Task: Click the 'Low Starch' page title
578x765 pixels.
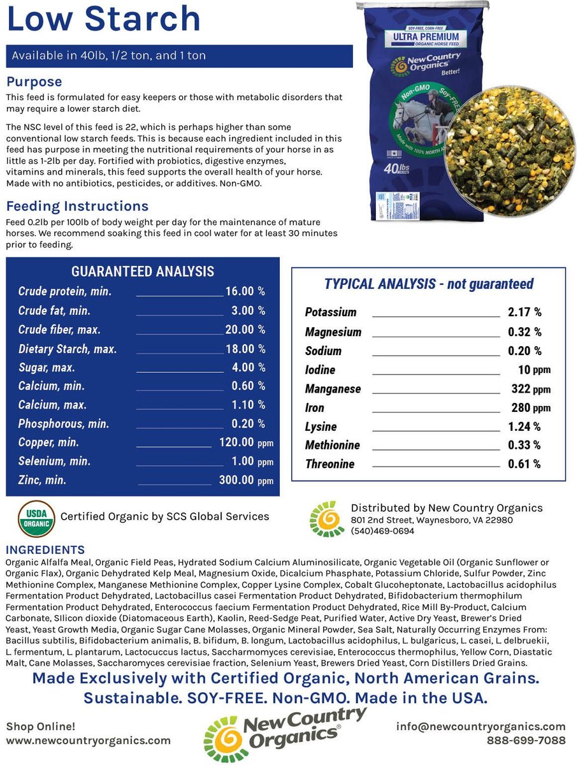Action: click(x=103, y=19)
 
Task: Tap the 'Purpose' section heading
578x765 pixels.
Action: click(x=34, y=82)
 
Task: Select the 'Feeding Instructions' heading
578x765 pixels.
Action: click(x=77, y=206)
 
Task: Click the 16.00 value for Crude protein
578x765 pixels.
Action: click(x=240, y=291)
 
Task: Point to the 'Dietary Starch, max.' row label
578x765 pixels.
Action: click(x=67, y=349)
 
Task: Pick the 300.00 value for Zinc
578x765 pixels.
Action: click(x=236, y=480)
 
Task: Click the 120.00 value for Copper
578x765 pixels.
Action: click(x=236, y=442)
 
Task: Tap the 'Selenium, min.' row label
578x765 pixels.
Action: click(x=51, y=461)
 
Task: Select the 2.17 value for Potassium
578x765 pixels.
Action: click(x=519, y=312)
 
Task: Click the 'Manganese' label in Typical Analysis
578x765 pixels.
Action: click(x=333, y=389)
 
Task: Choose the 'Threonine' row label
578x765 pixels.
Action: click(x=329, y=464)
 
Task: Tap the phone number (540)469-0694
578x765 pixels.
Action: click(x=382, y=530)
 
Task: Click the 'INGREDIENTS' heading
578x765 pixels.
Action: click(x=45, y=550)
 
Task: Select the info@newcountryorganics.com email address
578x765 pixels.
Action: click(x=480, y=727)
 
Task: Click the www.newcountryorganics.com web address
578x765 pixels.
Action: click(x=89, y=740)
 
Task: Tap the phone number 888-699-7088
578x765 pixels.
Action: click(x=526, y=740)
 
